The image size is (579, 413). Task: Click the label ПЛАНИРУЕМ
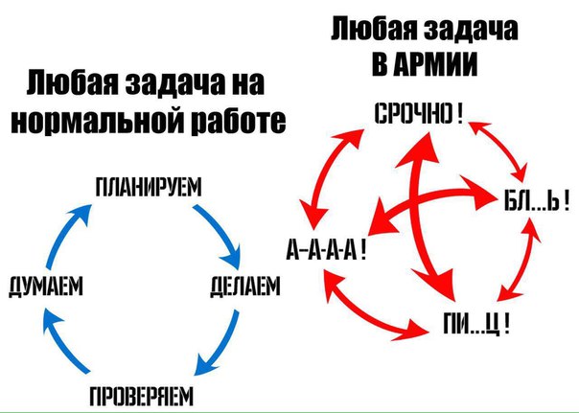pos(149,188)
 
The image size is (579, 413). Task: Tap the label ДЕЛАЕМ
pos(245,287)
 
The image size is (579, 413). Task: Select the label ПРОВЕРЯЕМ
pos(142,396)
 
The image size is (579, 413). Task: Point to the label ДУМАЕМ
pos(46,287)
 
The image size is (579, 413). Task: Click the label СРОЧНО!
pos(418,113)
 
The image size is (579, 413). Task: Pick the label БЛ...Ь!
pos(537,201)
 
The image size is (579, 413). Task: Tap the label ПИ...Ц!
pos(476,323)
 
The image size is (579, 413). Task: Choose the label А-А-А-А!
pos(327,250)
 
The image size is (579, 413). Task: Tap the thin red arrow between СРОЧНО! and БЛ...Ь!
pos(499,149)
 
